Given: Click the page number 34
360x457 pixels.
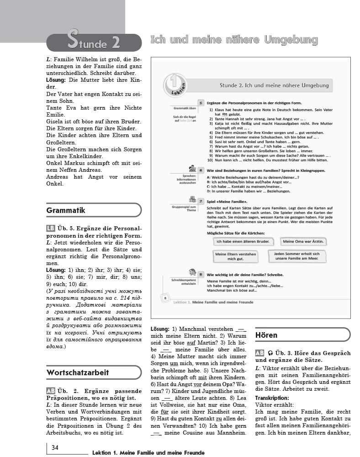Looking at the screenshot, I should click(x=55, y=447).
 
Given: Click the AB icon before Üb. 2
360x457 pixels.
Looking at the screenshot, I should click(x=51, y=390).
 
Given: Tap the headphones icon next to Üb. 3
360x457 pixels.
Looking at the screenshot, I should click(x=271, y=353).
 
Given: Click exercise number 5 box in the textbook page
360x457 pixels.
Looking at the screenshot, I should click(x=201, y=103).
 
